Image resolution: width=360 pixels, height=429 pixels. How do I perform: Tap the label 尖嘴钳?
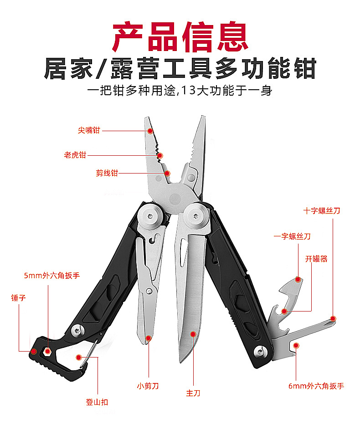(88, 130)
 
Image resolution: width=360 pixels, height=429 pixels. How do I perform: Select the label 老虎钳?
(75, 155)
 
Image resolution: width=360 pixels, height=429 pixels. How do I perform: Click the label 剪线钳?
(107, 173)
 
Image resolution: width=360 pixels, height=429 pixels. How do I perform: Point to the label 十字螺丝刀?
(322, 211)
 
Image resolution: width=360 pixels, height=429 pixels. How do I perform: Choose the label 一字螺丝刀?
(292, 236)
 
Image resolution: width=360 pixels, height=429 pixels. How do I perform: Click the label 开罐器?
(316, 259)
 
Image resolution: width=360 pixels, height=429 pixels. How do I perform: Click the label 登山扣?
(97, 402)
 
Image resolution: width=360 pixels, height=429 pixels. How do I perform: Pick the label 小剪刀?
(148, 386)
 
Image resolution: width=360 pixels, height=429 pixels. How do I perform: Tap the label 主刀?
(193, 393)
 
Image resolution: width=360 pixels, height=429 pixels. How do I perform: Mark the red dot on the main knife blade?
(193, 334)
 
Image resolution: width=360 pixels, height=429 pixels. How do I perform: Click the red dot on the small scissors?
(149, 338)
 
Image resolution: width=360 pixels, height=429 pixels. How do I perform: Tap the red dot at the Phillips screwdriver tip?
(333, 318)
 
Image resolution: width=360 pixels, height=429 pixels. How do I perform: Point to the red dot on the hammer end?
(33, 351)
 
